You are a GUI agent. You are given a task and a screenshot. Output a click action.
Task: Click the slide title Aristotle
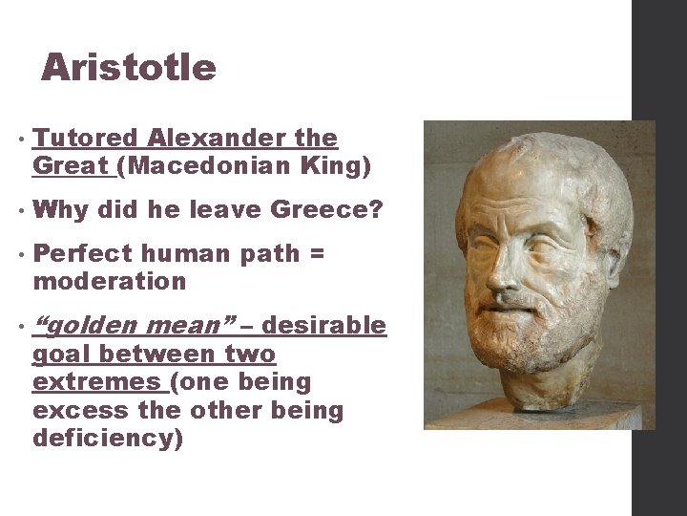pos(129,68)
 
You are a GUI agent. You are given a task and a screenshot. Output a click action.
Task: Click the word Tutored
pos(85,139)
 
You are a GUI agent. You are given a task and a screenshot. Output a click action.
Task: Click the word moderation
pos(110,282)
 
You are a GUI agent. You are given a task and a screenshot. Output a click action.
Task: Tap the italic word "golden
pos(89,327)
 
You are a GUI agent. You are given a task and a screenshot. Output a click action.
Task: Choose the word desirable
pos(323,327)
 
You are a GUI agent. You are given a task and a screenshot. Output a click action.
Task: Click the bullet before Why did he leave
pos(21,209)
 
